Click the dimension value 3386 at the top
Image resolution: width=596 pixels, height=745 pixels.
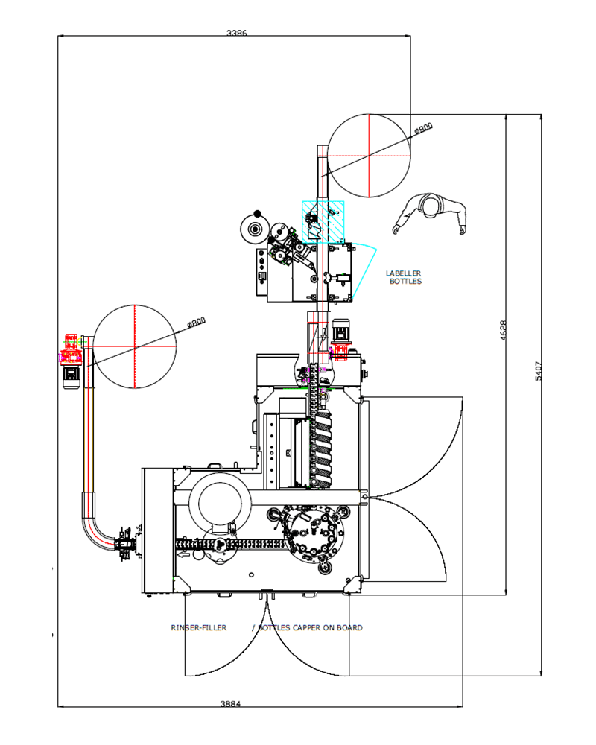[237, 33]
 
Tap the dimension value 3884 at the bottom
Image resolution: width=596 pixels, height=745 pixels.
[230, 704]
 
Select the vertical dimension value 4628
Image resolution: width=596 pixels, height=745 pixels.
[504, 330]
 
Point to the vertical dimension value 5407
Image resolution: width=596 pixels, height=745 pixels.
[538, 371]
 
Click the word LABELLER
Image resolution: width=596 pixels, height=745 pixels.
[404, 273]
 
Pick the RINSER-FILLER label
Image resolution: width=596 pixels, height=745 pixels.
[199, 627]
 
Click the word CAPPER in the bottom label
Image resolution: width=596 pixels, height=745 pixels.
[306, 627]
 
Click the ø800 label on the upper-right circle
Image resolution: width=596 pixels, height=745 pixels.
[423, 128]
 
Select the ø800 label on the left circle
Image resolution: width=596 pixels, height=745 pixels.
[196, 323]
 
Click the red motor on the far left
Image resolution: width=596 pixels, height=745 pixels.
[71, 349]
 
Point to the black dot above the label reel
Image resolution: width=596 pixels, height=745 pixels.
[258, 214]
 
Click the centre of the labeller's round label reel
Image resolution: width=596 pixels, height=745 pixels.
[256, 230]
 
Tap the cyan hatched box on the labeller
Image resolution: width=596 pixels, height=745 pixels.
[323, 222]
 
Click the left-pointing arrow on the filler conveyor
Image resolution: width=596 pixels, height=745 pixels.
[183, 554]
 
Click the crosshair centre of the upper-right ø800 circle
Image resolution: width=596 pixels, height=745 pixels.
[370, 156]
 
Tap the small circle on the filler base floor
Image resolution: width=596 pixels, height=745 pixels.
[251, 575]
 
